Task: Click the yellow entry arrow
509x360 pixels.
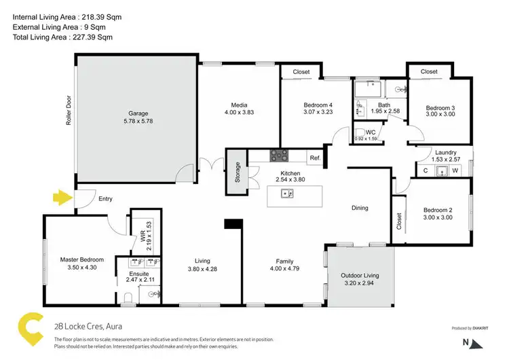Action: point(62,198)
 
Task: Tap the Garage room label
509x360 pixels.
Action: point(138,113)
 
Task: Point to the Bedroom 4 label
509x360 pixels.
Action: point(299,105)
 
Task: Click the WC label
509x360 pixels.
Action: point(371,132)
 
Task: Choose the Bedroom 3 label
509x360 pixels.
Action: point(440,108)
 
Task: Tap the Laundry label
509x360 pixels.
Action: point(445,153)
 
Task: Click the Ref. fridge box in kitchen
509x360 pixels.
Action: point(315,158)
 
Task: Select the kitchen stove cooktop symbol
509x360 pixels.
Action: point(279,156)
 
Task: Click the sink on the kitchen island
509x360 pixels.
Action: point(288,194)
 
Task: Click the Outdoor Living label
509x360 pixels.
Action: point(360,275)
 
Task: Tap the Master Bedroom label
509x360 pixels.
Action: point(81,259)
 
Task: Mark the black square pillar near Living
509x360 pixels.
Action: point(233,223)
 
